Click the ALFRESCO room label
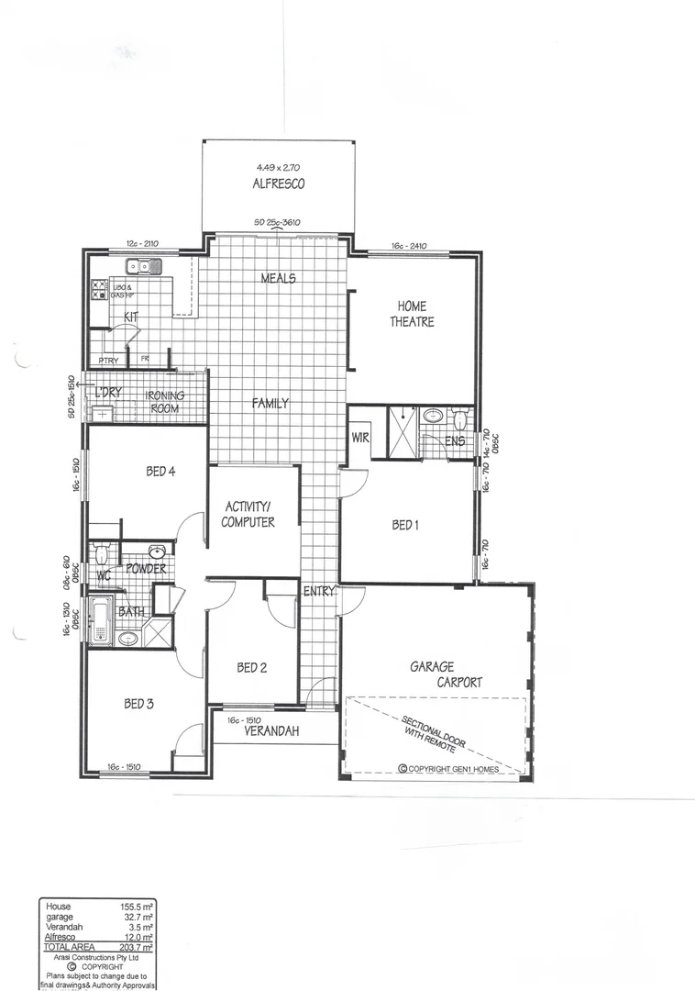pyautogui.click(x=279, y=184)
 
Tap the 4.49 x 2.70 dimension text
pyautogui.click(x=279, y=168)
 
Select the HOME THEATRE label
pyautogui.click(x=414, y=314)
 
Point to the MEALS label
pyautogui.click(x=279, y=278)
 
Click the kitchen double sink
pyautogui.click(x=145, y=267)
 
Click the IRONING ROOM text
pyautogui.click(x=165, y=402)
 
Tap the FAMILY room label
pyautogui.click(x=270, y=403)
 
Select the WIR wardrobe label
pyautogui.click(x=359, y=438)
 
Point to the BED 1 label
pyautogui.click(x=405, y=525)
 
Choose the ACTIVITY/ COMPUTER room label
pyautogui.click(x=248, y=514)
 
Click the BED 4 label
pyautogui.click(x=160, y=472)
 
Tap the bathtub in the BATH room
pyautogui.click(x=100, y=621)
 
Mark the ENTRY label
pyautogui.click(x=319, y=592)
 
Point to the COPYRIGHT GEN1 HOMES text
pyautogui.click(x=448, y=769)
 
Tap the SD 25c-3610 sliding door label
pyautogui.click(x=278, y=223)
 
